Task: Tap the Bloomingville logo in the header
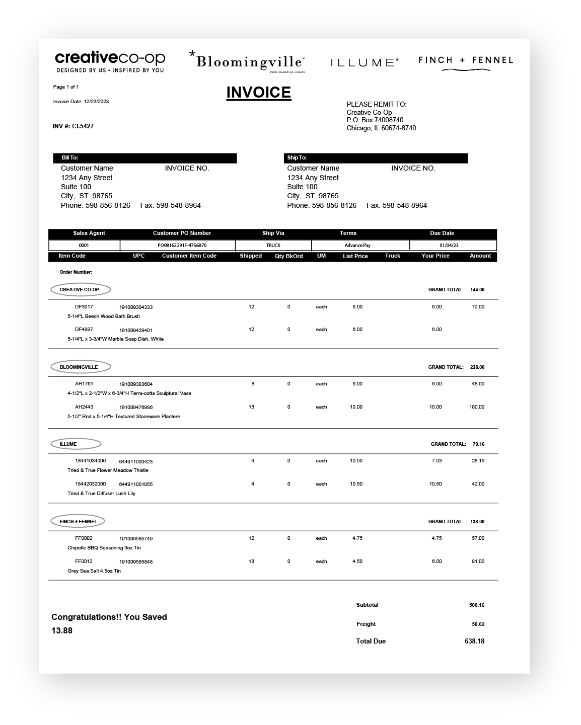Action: (248, 61)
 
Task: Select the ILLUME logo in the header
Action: (365, 62)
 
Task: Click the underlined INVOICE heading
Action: (258, 93)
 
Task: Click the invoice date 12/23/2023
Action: (96, 102)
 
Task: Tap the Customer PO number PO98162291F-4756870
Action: (182, 246)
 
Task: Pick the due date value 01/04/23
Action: (449, 246)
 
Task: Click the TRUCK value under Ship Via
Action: (273, 246)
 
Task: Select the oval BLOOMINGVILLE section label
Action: (79, 367)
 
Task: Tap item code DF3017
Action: (84, 306)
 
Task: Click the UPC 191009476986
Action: (136, 407)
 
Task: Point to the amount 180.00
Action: (477, 407)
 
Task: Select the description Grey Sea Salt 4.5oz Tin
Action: (94, 571)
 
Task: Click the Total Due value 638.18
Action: (474, 641)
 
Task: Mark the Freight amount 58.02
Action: (478, 624)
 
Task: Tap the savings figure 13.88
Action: (62, 630)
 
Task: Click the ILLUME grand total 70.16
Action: (478, 444)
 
